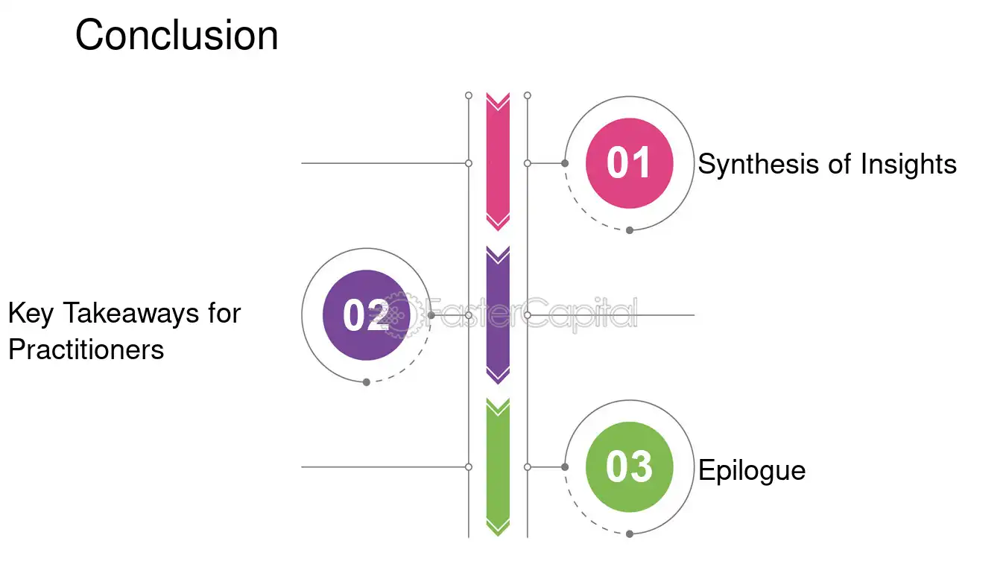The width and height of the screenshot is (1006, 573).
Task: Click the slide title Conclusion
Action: pyautogui.click(x=177, y=35)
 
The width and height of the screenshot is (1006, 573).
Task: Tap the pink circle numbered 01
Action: pyautogui.click(x=629, y=163)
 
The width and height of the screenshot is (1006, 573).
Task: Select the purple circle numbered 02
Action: pyautogui.click(x=367, y=314)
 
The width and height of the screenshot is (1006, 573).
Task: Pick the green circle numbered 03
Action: pyautogui.click(x=629, y=467)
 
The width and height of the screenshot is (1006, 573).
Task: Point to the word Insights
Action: pyautogui.click(x=908, y=165)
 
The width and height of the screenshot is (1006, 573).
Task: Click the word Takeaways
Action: pyautogui.click(x=130, y=313)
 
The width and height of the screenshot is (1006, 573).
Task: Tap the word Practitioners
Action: pyautogui.click(x=86, y=349)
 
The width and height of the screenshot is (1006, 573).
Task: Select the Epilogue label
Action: pyautogui.click(x=752, y=471)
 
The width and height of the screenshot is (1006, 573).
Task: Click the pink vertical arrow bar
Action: pyautogui.click(x=498, y=162)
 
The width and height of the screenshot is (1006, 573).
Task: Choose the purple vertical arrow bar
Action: pyautogui.click(x=498, y=314)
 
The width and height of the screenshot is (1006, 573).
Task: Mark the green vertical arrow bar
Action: pyautogui.click(x=498, y=467)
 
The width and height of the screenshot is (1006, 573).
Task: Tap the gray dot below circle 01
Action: pyautogui.click(x=630, y=230)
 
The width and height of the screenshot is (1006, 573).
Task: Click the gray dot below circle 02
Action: pyautogui.click(x=367, y=382)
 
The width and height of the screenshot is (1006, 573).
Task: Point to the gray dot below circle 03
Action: pyautogui.click(x=630, y=534)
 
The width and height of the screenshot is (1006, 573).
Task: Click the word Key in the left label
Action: pyautogui.click(x=31, y=314)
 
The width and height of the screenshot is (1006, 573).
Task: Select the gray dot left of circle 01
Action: pyautogui.click(x=565, y=163)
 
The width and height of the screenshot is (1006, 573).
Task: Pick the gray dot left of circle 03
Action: pyautogui.click(x=565, y=467)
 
